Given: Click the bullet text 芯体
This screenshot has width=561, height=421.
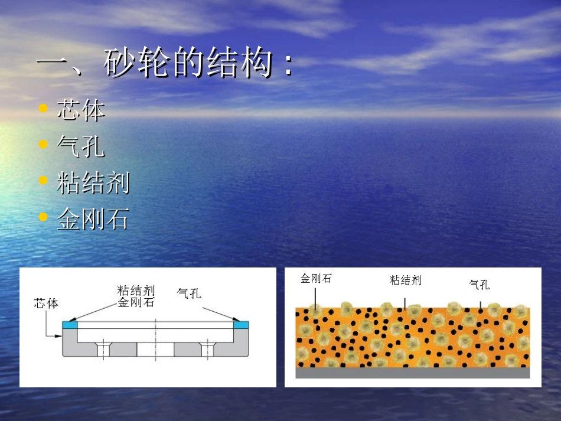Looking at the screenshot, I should (x=81, y=110).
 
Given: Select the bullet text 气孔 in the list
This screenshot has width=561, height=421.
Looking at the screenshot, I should (x=81, y=147).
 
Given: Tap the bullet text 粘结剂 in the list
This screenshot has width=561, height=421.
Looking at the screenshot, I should (x=93, y=184).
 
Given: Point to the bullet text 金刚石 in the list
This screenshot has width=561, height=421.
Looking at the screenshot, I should (x=93, y=220).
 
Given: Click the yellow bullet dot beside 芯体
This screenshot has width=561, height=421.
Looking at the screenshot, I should (x=43, y=109).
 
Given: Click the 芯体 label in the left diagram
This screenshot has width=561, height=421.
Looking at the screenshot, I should (x=46, y=303).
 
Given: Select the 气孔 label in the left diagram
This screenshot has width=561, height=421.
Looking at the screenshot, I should (x=189, y=293).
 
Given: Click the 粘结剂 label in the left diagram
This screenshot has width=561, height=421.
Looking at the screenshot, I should (x=136, y=290).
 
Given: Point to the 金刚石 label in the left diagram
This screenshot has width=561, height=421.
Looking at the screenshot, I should (x=136, y=302).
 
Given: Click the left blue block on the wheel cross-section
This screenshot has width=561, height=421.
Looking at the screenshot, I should (x=70, y=325).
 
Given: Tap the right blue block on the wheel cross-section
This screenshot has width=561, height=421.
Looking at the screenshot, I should (x=241, y=325).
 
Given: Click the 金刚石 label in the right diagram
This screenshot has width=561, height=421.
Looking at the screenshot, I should (x=316, y=278).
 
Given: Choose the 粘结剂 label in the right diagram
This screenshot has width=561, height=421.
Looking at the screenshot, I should (x=406, y=280).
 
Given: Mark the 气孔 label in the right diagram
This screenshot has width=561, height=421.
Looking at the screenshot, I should (x=480, y=285).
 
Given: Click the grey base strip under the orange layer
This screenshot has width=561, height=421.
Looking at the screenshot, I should (x=413, y=373).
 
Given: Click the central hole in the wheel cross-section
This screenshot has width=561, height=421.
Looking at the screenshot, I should (x=155, y=349).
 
